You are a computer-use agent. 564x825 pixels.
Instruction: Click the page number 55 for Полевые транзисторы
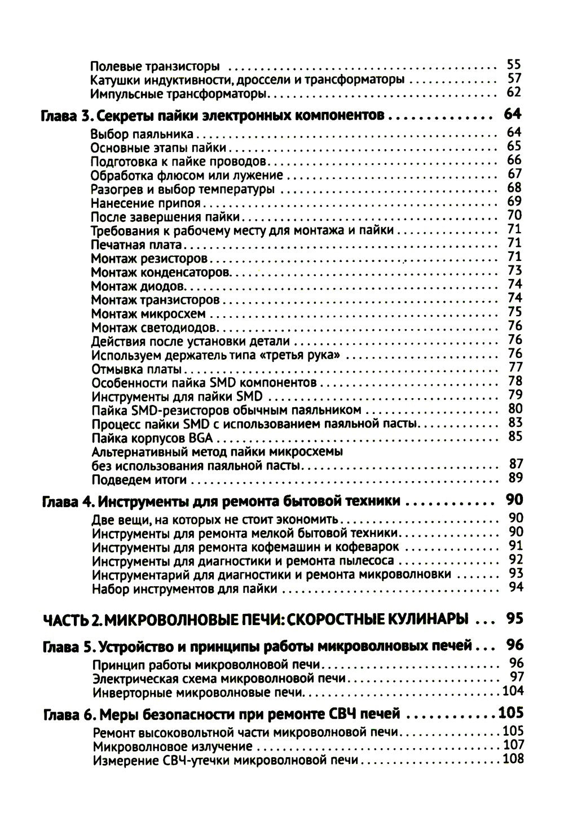pyautogui.click(x=514, y=65)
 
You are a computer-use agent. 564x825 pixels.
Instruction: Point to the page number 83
pyautogui.click(x=515, y=423)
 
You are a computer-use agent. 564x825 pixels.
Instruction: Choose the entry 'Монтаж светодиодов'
pyautogui.click(x=154, y=328)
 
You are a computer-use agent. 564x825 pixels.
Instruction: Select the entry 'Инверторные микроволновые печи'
pyautogui.click(x=198, y=691)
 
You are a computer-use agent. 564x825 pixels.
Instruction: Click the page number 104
pyautogui.click(x=512, y=691)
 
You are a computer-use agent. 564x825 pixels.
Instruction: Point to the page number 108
pyautogui.click(x=512, y=759)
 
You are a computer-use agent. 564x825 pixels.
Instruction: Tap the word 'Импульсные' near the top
pyautogui.click(x=120, y=93)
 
